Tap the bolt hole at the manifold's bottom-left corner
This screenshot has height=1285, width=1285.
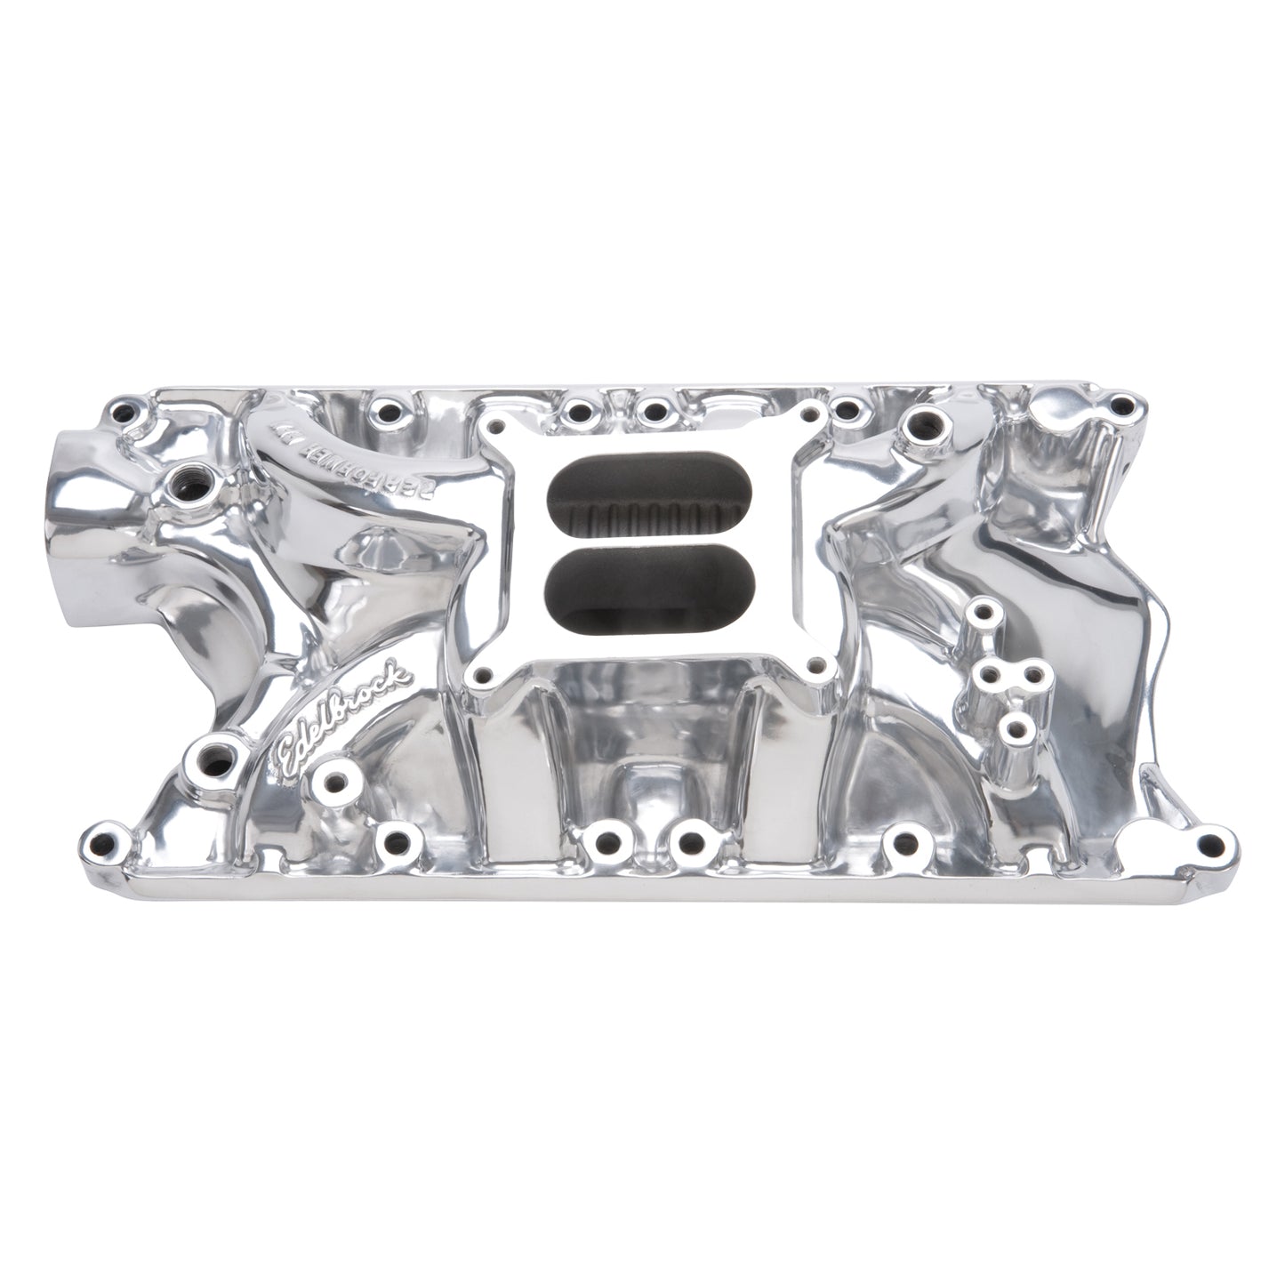click(105, 839)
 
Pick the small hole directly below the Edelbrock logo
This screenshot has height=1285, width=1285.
click(336, 783)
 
